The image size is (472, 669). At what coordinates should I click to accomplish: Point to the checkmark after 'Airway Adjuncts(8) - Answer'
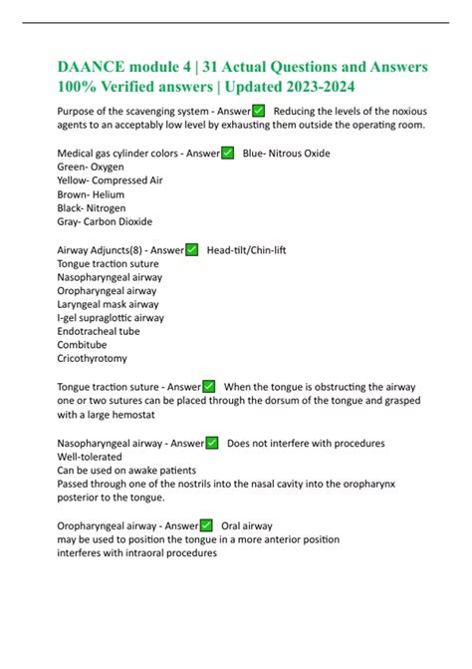tap(192, 250)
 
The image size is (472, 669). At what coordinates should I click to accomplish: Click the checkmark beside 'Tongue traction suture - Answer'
tap(209, 386)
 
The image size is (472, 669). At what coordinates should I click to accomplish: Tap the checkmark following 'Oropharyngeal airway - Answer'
tap(206, 525)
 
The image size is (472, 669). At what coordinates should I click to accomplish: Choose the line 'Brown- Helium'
tap(93, 194)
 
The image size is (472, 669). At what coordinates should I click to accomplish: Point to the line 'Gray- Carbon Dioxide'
tap(106, 221)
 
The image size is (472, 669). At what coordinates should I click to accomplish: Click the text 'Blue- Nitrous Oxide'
tap(287, 154)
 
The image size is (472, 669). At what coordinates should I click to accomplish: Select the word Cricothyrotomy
tap(93, 358)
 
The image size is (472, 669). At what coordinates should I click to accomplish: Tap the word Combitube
tap(84, 345)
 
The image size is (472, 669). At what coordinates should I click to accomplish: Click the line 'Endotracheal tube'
tap(99, 331)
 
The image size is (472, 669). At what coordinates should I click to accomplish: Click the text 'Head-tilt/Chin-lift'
tap(246, 250)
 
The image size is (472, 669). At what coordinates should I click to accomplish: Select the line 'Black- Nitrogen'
tap(93, 208)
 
